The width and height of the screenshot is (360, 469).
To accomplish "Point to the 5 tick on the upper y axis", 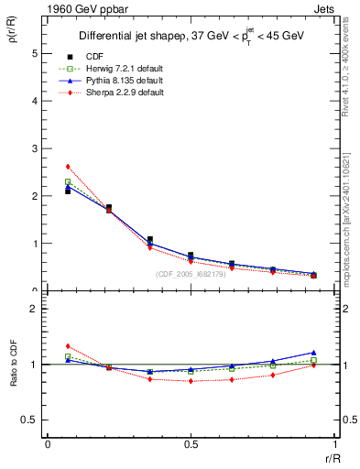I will [x=34, y=53].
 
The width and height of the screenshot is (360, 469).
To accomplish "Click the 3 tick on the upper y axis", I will [x=34, y=148].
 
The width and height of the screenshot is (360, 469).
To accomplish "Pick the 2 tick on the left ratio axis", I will [x=34, y=309].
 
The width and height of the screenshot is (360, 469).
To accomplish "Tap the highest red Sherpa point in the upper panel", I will [x=68, y=166].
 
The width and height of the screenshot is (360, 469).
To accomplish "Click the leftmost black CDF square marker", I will [x=68, y=191].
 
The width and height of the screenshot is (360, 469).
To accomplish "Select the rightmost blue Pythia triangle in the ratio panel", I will [x=313, y=352].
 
